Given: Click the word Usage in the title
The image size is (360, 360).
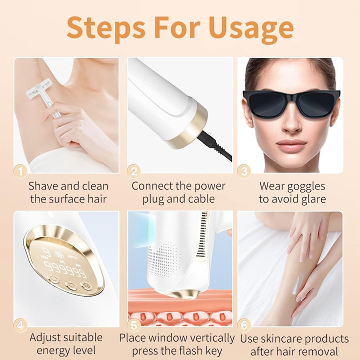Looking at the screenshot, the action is [251, 28].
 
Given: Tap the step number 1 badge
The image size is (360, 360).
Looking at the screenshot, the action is [20, 171].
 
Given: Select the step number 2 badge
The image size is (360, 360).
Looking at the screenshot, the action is [133, 171].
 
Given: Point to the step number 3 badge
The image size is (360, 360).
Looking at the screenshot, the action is [244, 171].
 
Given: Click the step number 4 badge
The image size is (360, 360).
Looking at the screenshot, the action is [20, 325].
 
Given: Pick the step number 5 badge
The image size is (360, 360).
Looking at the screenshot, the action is [133, 325].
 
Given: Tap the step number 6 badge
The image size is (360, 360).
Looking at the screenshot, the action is [244, 325].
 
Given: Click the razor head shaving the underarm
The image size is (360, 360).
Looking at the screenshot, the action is [38, 87].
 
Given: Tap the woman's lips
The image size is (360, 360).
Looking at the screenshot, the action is [291, 145].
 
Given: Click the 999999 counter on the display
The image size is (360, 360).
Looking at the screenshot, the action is [65, 269].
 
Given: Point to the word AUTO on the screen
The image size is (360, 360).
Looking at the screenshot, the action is [72, 257].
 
